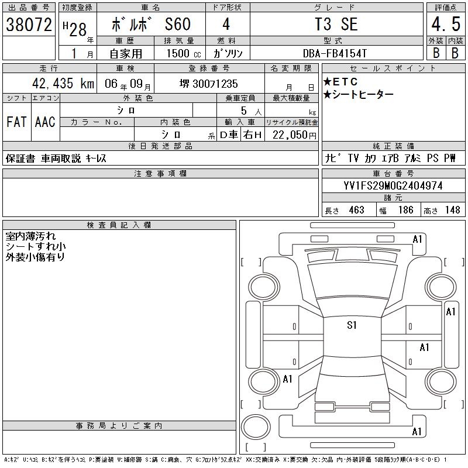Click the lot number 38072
[29, 24]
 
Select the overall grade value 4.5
[446, 24]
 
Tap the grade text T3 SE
[336, 24]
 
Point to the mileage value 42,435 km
[63, 83]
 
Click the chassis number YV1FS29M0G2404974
[393, 185]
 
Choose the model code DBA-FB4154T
[335, 53]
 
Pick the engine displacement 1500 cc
[184, 53]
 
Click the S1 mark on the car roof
[352, 325]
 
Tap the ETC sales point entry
[340, 81]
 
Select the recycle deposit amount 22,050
[294, 135]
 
